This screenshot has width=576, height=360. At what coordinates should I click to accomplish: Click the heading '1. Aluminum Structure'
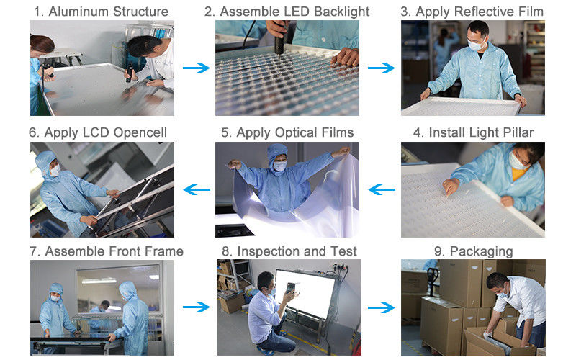click(102, 12)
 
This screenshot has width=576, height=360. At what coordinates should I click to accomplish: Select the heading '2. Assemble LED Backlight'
click(287, 12)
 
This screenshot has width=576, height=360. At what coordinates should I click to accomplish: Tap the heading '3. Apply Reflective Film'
click(472, 12)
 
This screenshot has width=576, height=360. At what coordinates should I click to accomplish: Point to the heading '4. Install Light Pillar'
click(472, 132)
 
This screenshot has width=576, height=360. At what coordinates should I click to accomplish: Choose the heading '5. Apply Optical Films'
click(287, 132)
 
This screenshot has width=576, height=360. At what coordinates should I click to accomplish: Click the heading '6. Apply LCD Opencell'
click(102, 132)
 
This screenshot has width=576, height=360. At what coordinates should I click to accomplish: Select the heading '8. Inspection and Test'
click(287, 251)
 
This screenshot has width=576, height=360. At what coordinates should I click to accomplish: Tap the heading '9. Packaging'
click(472, 251)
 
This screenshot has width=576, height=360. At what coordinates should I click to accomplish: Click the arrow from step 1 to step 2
click(194, 68)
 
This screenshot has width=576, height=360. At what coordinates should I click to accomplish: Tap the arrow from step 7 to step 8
click(194, 307)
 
